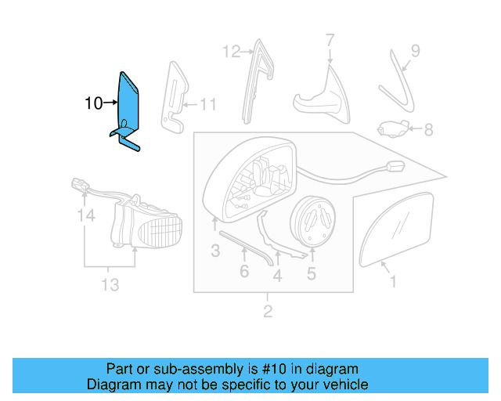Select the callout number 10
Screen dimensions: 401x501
coord(93,103)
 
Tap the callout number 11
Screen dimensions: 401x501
coord(207,103)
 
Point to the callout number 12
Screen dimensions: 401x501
coord(231,52)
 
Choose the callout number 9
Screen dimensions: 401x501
coord(415,51)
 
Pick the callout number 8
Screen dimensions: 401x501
coord(428,128)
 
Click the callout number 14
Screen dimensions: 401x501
coord(84,215)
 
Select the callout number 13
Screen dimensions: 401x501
coord(110,284)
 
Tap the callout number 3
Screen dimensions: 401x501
coord(214,251)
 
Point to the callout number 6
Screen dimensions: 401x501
coord(244,271)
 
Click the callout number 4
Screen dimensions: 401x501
coord(277,275)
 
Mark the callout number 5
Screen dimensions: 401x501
coord(311,273)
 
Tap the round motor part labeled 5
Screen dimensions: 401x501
coord(313,220)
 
